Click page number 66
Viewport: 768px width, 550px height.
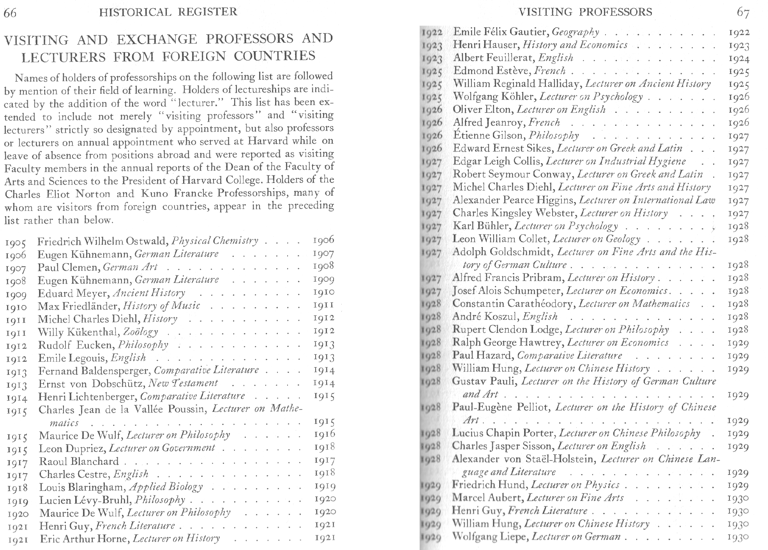pos(10,12)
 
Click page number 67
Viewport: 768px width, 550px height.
pos(743,12)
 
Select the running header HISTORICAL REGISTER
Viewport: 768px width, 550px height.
pos(168,12)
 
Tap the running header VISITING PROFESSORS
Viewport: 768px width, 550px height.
pos(585,12)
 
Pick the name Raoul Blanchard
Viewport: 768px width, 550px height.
pos(79,462)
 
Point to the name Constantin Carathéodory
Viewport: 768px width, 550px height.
pos(513,304)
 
